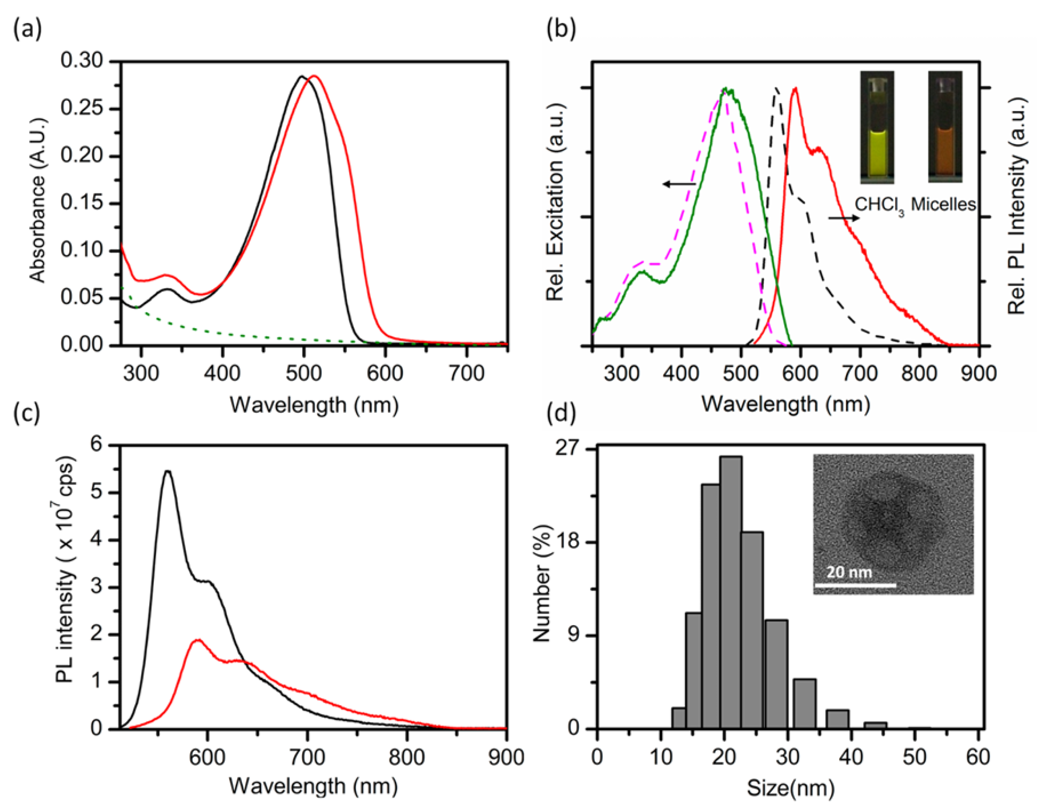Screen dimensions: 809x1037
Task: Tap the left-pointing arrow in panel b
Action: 679,184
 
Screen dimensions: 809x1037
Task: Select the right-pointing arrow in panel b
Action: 843,218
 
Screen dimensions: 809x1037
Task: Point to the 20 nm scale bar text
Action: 849,572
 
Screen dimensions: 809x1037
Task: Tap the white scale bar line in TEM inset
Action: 855,585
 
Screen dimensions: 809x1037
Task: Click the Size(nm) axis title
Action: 790,788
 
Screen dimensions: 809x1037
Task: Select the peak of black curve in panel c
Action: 168,471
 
